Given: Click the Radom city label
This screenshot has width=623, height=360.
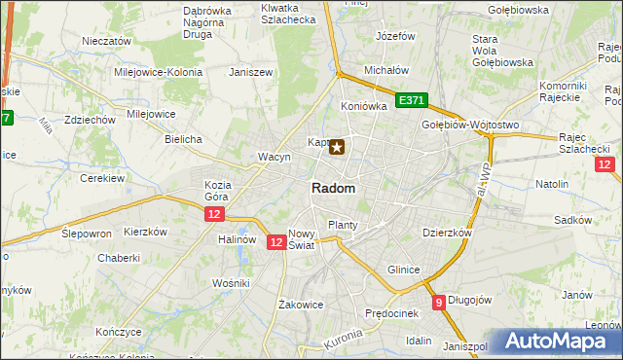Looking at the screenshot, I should pyautogui.click(x=333, y=189).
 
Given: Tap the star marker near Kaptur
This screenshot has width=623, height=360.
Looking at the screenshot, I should pyautogui.click(x=337, y=148).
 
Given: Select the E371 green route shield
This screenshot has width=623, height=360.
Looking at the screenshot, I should pyautogui.click(x=412, y=101).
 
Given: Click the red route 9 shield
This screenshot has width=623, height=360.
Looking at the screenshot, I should pyautogui.click(x=439, y=302).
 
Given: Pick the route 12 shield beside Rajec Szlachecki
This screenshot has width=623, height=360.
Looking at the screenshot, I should pyautogui.click(x=605, y=165).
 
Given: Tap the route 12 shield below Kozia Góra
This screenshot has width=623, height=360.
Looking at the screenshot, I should pyautogui.click(x=215, y=213).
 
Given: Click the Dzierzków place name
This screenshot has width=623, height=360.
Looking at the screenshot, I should pyautogui.click(x=447, y=234).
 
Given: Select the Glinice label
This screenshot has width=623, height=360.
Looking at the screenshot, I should pyautogui.click(x=403, y=270).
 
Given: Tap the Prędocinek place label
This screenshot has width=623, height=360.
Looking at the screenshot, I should pyautogui.click(x=391, y=313).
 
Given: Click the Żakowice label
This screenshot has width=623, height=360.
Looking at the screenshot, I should pyautogui.click(x=300, y=305).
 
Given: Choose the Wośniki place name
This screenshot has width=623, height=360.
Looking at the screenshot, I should pyautogui.click(x=232, y=282).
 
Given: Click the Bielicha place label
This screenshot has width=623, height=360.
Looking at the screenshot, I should pyautogui.click(x=183, y=139).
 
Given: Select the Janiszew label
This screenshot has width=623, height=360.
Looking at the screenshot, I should pyautogui.click(x=247, y=72).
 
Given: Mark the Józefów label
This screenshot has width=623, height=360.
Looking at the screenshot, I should pyautogui.click(x=396, y=36).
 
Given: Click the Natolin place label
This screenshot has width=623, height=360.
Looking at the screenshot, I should pyautogui.click(x=552, y=183).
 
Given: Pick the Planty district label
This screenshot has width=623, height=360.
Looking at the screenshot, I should pyautogui.click(x=343, y=225).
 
